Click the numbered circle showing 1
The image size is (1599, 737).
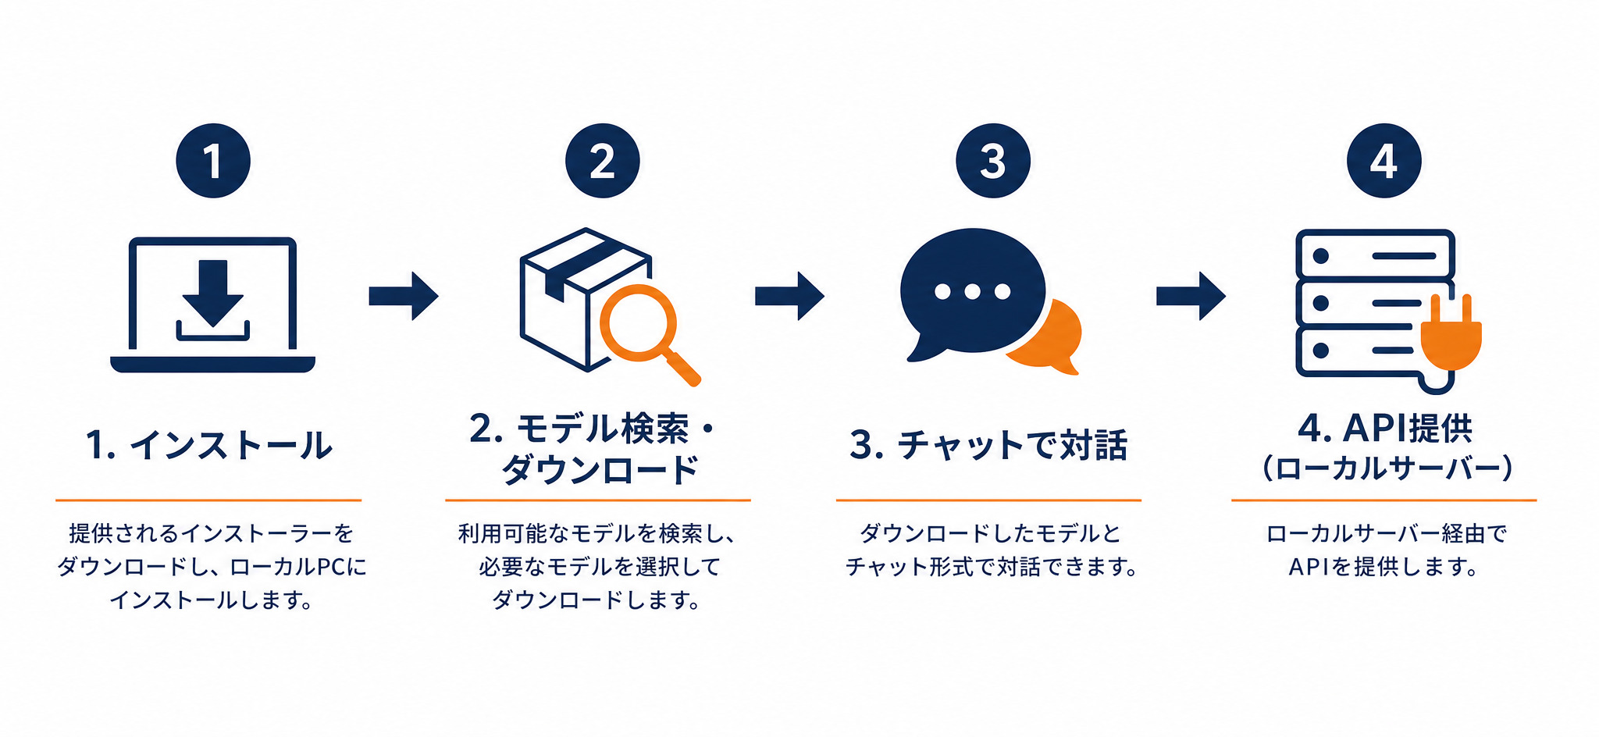[x=213, y=161]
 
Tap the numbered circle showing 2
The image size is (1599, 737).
[x=602, y=161]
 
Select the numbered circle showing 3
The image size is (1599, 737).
[x=992, y=161]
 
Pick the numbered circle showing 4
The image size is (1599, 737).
[x=1384, y=161]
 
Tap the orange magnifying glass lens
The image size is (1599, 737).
[x=638, y=323]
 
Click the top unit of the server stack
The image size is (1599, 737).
[x=1375, y=255]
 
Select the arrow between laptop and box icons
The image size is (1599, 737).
[x=404, y=296]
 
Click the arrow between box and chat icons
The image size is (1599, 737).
[x=789, y=296]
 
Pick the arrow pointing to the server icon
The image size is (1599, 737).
[x=1191, y=296]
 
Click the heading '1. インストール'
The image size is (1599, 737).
[x=209, y=445]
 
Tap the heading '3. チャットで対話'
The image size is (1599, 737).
[x=988, y=445]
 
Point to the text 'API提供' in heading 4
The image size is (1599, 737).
[x=1408, y=428]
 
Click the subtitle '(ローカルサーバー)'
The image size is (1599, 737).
[x=1387, y=468]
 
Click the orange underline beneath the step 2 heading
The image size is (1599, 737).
[x=598, y=500]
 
